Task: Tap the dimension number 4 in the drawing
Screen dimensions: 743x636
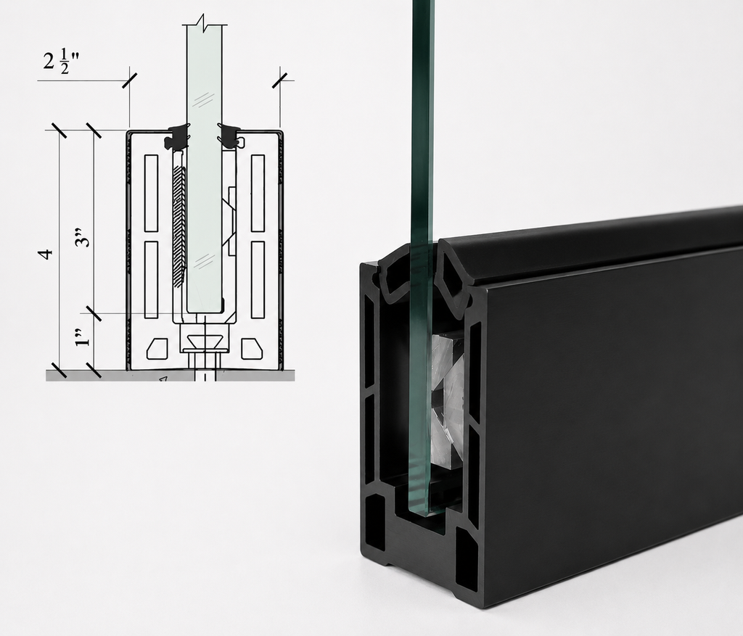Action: click(x=46, y=254)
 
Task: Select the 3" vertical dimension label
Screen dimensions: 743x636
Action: click(x=83, y=237)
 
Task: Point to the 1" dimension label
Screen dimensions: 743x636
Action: click(x=83, y=336)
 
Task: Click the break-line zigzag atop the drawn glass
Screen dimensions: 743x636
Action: click(x=204, y=21)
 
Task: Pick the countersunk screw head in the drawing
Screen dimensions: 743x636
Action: click(x=205, y=340)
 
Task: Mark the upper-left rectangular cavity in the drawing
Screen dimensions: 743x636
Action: click(x=151, y=193)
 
